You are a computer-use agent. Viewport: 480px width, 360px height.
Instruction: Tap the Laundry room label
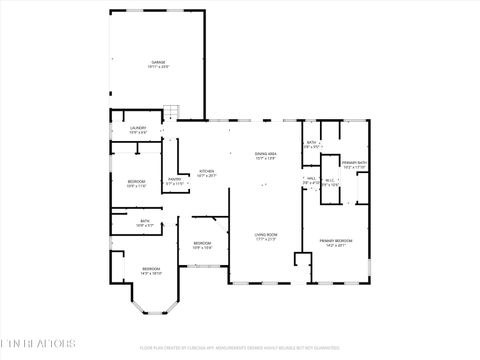point(139,130)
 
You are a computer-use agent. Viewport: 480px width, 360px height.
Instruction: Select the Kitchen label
point(206,173)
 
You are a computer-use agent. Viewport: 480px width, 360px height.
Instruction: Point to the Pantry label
point(175,182)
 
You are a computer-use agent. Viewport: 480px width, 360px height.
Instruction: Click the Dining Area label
point(266,156)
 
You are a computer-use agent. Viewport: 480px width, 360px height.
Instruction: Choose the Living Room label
point(266,237)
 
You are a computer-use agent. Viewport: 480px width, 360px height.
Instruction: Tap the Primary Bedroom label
point(335,243)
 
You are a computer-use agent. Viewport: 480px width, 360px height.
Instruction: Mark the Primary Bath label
point(354,165)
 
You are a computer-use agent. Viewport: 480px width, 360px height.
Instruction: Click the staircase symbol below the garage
point(171,111)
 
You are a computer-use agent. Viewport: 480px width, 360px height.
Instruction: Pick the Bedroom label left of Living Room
point(202,245)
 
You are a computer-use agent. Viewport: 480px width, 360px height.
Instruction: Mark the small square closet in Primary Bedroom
point(302,260)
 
